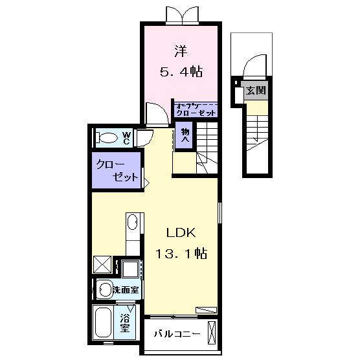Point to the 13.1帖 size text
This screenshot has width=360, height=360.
click(x=181, y=254)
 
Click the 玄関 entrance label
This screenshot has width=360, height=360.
click(x=255, y=91)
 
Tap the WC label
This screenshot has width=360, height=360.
click(x=127, y=137)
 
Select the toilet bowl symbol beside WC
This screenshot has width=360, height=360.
click(x=105, y=137)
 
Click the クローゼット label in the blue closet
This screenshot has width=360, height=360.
click(x=117, y=170)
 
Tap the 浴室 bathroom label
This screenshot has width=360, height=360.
click(x=126, y=323)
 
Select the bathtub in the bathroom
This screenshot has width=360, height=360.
click(x=106, y=322)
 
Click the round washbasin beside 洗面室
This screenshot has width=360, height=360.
click(x=104, y=289)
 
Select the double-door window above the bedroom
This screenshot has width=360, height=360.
click(x=179, y=14)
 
